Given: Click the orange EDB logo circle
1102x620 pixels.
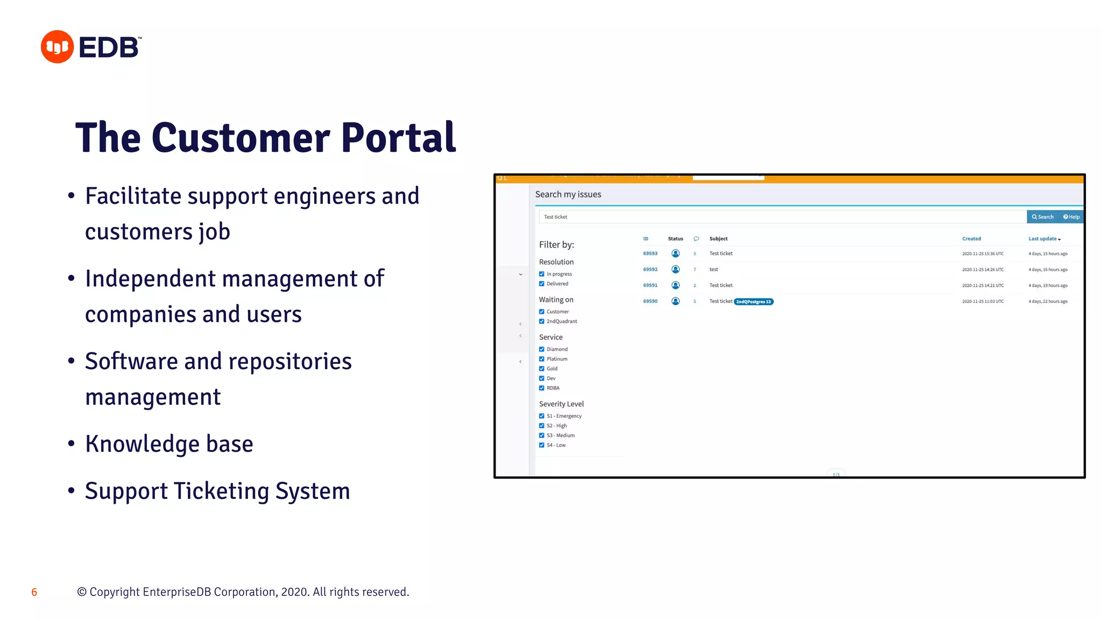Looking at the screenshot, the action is tap(57, 47).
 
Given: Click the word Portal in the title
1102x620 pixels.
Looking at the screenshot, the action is tap(398, 138).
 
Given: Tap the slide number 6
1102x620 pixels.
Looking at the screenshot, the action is tap(34, 593).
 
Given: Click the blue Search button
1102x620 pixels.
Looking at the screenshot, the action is tap(1042, 217).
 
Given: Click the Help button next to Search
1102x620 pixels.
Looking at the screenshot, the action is tap(1071, 217).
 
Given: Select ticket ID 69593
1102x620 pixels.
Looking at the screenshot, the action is tap(650, 253).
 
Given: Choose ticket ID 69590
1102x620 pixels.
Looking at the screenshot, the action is tap(650, 301).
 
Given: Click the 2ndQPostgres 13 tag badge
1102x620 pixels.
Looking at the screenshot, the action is tap(753, 302).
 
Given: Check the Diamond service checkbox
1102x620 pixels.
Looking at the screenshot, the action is tap(542, 349).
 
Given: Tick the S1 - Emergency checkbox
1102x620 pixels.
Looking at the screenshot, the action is tap(542, 416).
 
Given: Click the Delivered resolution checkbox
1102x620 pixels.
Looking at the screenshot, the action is tap(542, 284).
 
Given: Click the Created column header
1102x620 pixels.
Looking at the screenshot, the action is tap(971, 239).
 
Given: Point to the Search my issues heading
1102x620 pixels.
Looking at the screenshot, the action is tap(568, 194).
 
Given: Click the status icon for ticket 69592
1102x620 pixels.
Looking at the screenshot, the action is tap(675, 269).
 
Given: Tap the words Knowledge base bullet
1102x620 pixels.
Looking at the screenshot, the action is tap(169, 444).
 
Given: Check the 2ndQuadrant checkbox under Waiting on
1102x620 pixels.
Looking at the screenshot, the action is tap(542, 321).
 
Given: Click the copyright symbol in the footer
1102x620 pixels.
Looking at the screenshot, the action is tap(82, 592).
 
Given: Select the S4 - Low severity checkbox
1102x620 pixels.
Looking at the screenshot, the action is tap(542, 445).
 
